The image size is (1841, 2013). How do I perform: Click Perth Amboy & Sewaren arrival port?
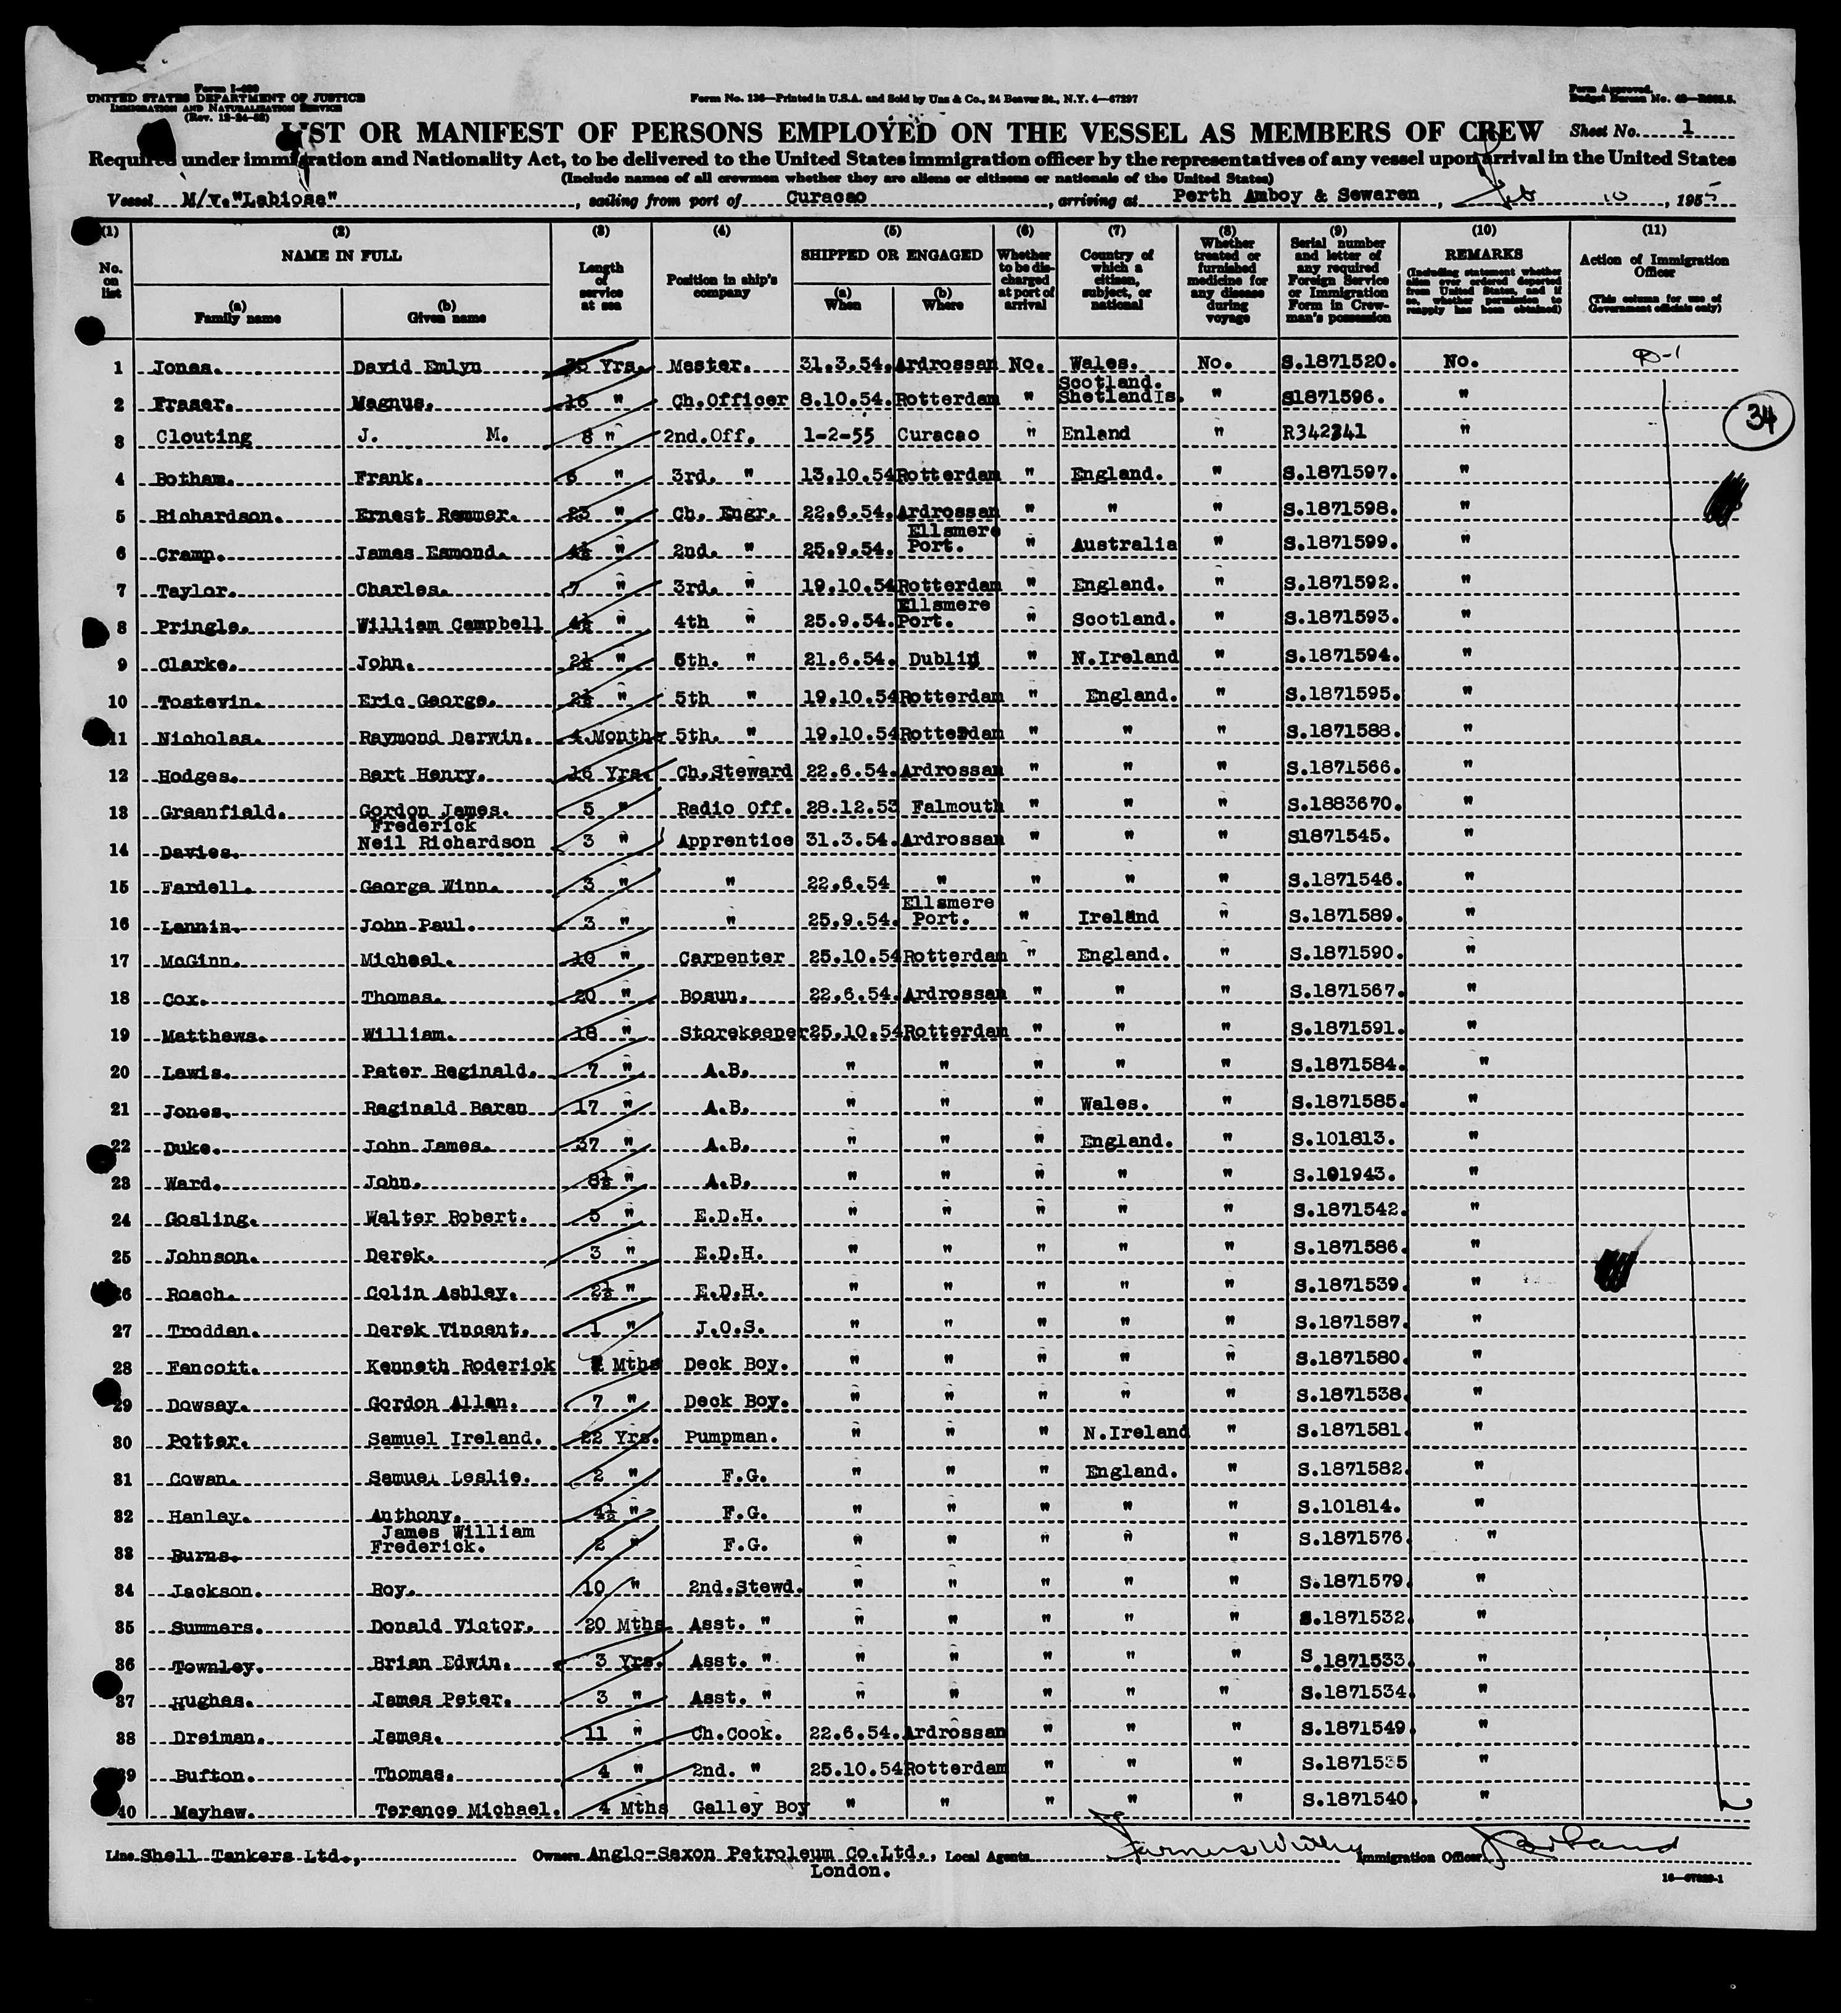coord(1295,195)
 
